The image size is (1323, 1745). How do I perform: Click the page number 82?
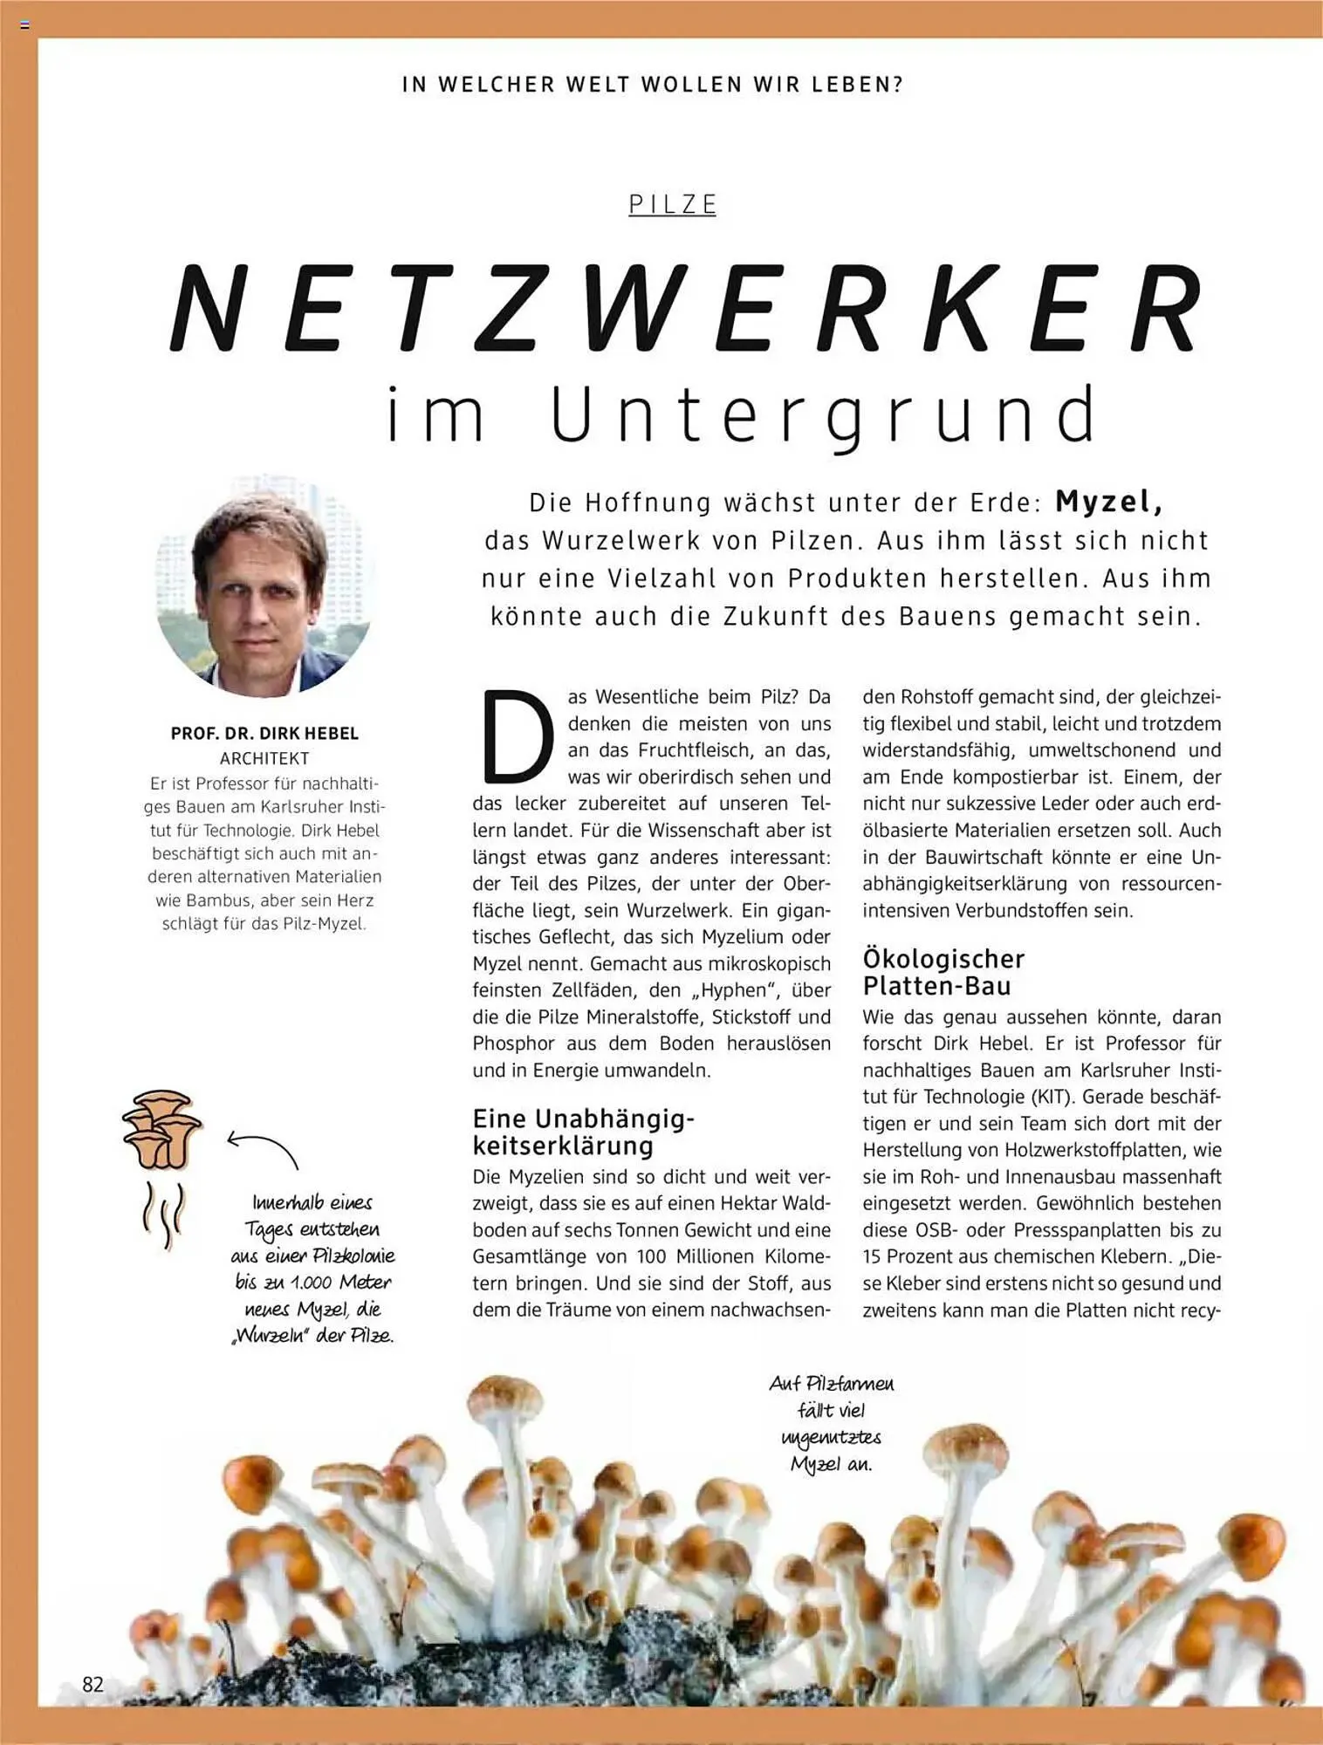pos(93,1683)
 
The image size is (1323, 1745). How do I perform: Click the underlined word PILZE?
pos(672,205)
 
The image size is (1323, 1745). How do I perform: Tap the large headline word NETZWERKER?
pos(688,310)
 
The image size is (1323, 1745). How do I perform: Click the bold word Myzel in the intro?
pos(1108,502)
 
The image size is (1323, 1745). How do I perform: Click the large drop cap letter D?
pos(518,737)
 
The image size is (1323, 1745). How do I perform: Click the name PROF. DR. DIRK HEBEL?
pos(264,734)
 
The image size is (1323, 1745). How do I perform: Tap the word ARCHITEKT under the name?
pos(264,759)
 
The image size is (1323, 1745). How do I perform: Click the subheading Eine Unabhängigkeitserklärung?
pos(583,1131)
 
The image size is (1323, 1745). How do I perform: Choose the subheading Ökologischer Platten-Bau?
pos(943,972)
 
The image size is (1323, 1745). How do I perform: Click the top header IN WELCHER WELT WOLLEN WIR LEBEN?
pos(652,85)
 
